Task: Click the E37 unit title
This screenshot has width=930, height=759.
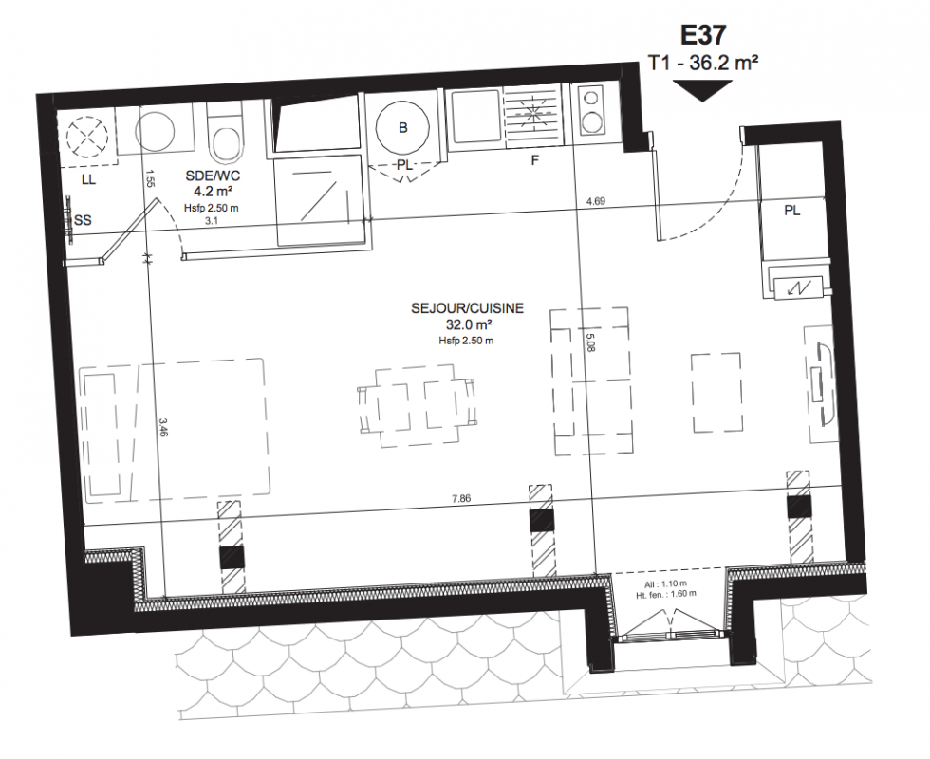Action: point(703,35)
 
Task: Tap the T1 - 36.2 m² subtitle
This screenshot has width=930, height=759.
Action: point(703,63)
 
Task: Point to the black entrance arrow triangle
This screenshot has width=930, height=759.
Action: point(703,91)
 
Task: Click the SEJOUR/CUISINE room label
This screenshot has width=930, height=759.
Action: point(467,308)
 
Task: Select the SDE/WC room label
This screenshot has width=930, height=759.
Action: point(213,176)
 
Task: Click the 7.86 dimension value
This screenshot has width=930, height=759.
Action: point(461,498)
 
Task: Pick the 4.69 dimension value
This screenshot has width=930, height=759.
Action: point(596,201)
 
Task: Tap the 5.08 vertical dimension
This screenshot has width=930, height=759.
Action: point(589,343)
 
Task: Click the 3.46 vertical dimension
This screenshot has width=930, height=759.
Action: point(164,427)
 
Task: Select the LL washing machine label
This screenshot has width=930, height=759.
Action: point(88,179)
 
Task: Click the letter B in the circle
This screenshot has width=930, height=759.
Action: point(402,127)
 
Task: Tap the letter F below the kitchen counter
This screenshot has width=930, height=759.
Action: point(534,160)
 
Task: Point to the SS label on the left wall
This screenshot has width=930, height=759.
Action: point(84,220)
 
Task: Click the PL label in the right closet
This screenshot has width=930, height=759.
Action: point(791,211)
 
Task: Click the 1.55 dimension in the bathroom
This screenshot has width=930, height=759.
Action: point(150,179)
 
